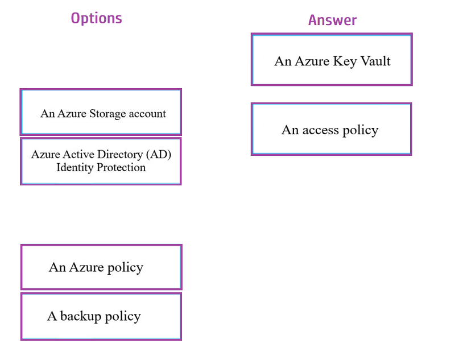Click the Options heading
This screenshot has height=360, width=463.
pos(96,19)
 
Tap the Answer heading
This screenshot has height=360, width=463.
pos(333,20)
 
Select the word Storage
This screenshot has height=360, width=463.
pos(108,114)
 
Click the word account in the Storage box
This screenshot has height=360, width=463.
pos(147,114)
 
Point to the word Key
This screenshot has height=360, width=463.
pos(345,62)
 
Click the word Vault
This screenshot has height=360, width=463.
pos(375,61)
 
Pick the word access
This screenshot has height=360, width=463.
pos(320,130)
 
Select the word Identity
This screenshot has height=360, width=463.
pos(75,167)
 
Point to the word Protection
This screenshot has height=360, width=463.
pos(121,167)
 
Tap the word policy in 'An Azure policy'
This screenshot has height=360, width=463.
pos(125,268)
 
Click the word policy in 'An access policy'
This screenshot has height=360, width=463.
pos(360,130)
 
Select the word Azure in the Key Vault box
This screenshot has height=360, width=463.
pos(312,61)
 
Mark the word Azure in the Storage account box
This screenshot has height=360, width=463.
pos(72,113)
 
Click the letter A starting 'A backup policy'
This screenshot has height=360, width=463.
pos(52,316)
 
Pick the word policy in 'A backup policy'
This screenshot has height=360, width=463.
pos(123,317)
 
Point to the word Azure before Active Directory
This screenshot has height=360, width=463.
pos(46,154)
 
